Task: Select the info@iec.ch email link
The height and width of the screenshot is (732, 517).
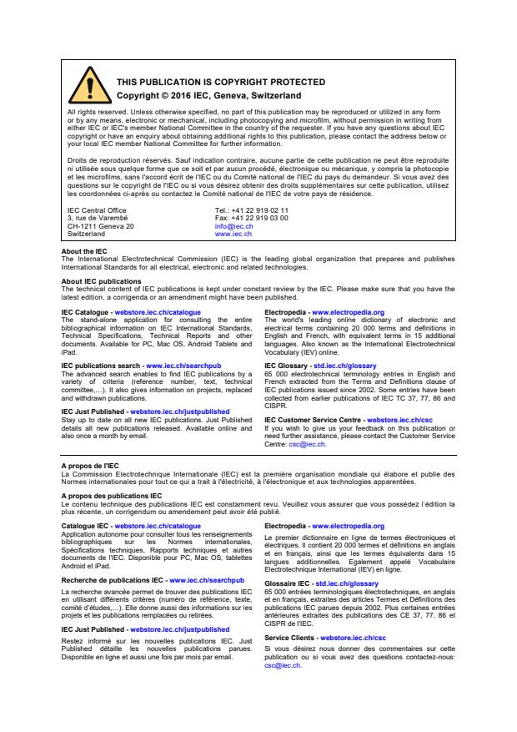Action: coord(233,226)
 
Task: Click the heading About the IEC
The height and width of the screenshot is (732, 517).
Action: coord(84,251)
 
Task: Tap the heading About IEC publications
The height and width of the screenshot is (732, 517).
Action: coord(101,281)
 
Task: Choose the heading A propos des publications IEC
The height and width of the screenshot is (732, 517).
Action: coord(112,496)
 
